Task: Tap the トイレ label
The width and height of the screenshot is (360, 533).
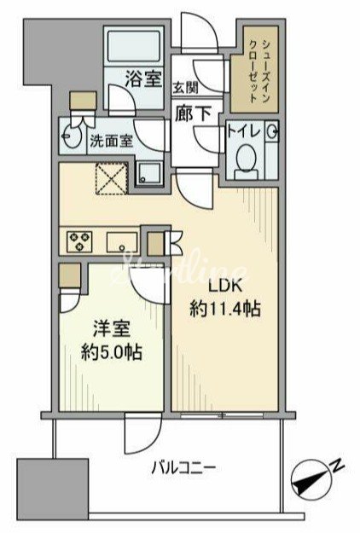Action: click(x=243, y=132)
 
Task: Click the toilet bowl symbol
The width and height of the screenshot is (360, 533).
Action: click(x=247, y=158)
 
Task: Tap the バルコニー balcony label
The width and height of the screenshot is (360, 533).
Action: click(x=184, y=467)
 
